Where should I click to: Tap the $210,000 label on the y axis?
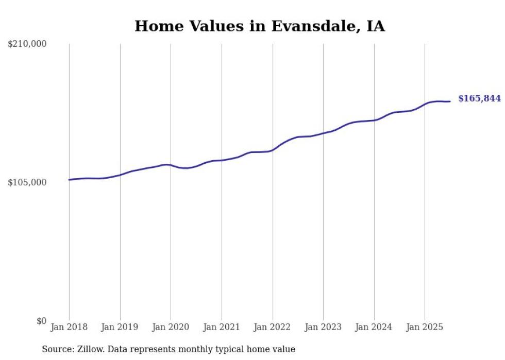coord(27,44)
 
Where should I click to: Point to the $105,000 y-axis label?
coord(27,182)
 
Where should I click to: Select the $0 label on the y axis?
coord(41,321)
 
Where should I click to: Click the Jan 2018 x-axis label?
coord(69,327)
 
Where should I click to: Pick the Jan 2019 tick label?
coord(120,327)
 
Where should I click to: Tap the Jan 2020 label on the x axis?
coord(171,327)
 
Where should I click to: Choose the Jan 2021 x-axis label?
coord(222,327)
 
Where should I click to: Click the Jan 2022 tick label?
coord(273,327)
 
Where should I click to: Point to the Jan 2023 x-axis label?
coord(323,327)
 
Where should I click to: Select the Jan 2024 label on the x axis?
coord(374,327)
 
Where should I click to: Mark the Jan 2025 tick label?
coord(425,327)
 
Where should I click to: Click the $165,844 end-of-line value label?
coord(479,98)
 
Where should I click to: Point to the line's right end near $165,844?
coord(450,101)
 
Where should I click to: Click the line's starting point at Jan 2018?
coord(69,180)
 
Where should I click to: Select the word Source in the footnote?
coord(56,349)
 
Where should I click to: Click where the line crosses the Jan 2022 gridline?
coord(273,150)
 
